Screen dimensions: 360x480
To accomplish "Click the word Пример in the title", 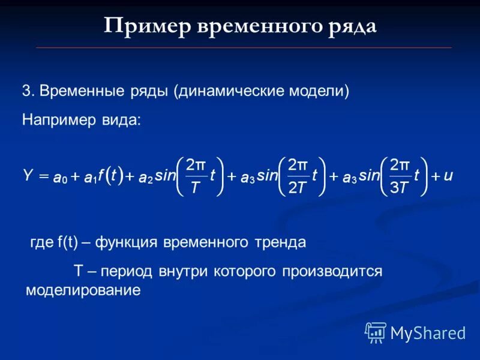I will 143,26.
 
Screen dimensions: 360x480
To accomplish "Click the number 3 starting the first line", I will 26,91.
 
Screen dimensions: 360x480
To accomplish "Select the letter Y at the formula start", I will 28,176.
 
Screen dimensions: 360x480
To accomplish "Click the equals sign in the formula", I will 43,176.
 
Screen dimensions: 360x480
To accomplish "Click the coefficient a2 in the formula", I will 146,178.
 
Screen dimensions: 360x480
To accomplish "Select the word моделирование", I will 83,290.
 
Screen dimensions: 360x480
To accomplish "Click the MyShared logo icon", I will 376,332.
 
